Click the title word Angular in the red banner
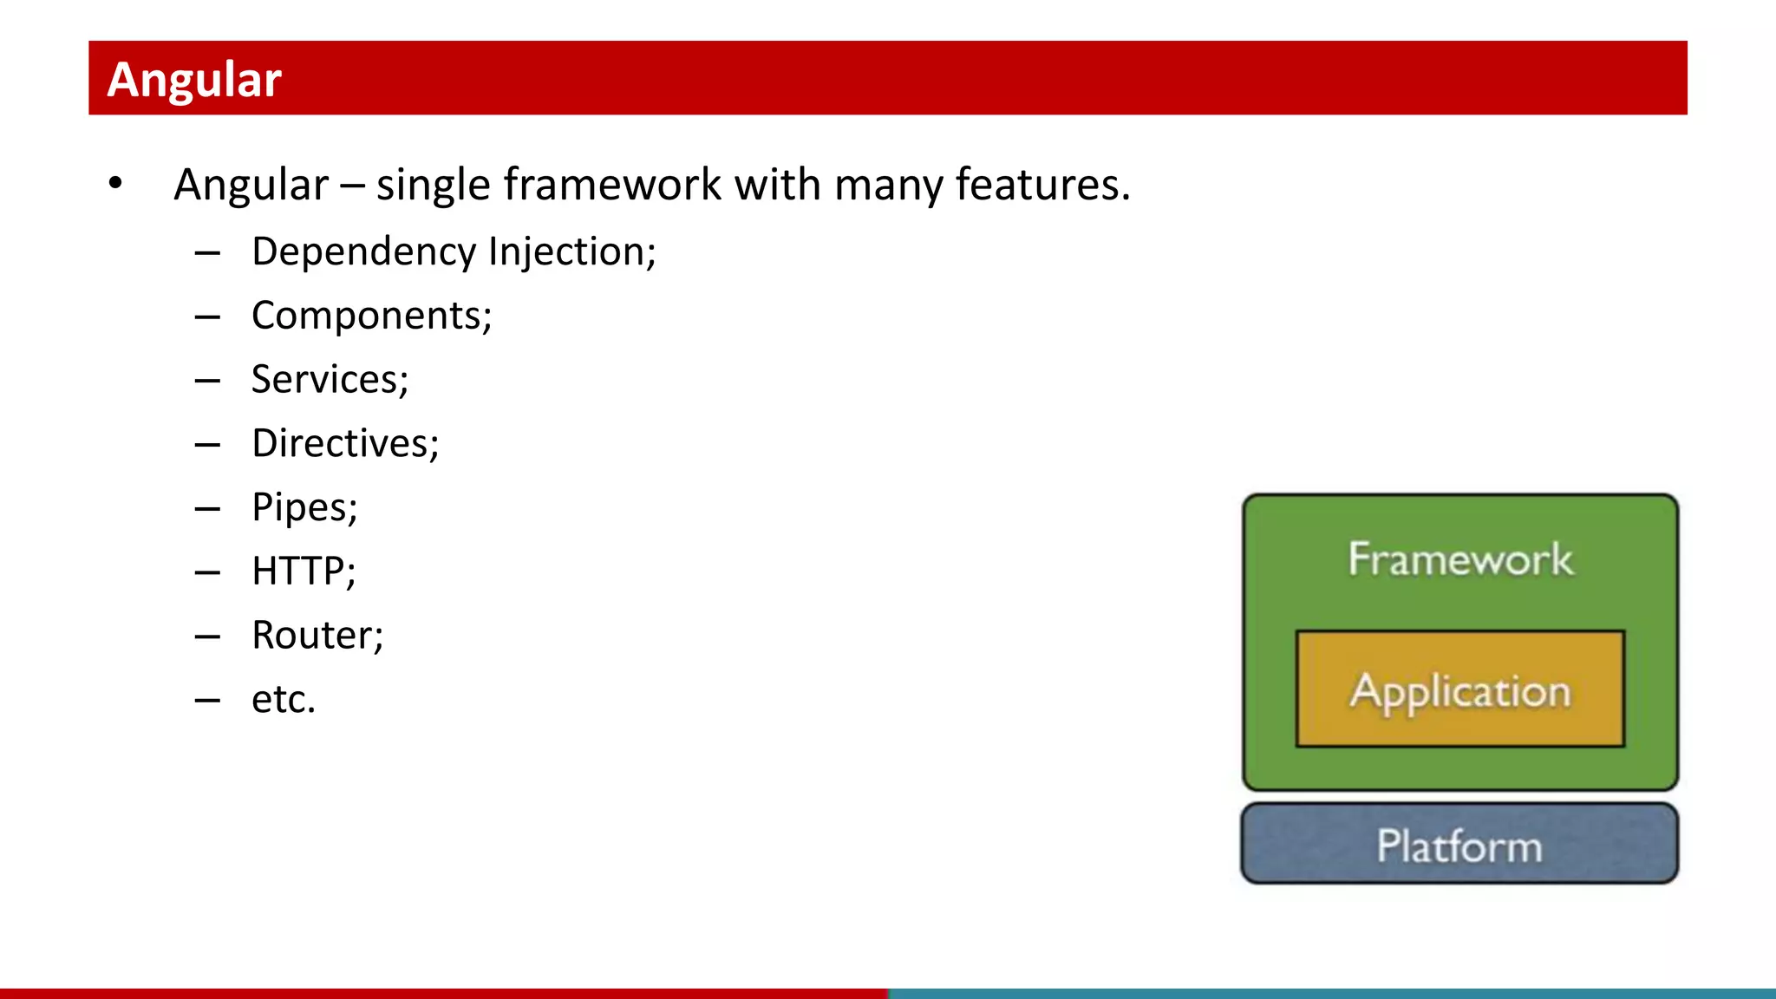(194, 80)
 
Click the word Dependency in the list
(364, 252)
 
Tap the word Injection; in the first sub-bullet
(572, 252)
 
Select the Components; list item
(371, 316)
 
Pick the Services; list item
(330, 380)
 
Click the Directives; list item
(345, 444)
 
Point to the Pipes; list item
(304, 508)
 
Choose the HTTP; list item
(304, 571)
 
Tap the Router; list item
(317, 636)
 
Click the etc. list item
(284, 700)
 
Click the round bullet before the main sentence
(115, 184)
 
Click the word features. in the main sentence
(1042, 185)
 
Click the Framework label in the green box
(1459, 559)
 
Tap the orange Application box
(1459, 690)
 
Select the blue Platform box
(1459, 845)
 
